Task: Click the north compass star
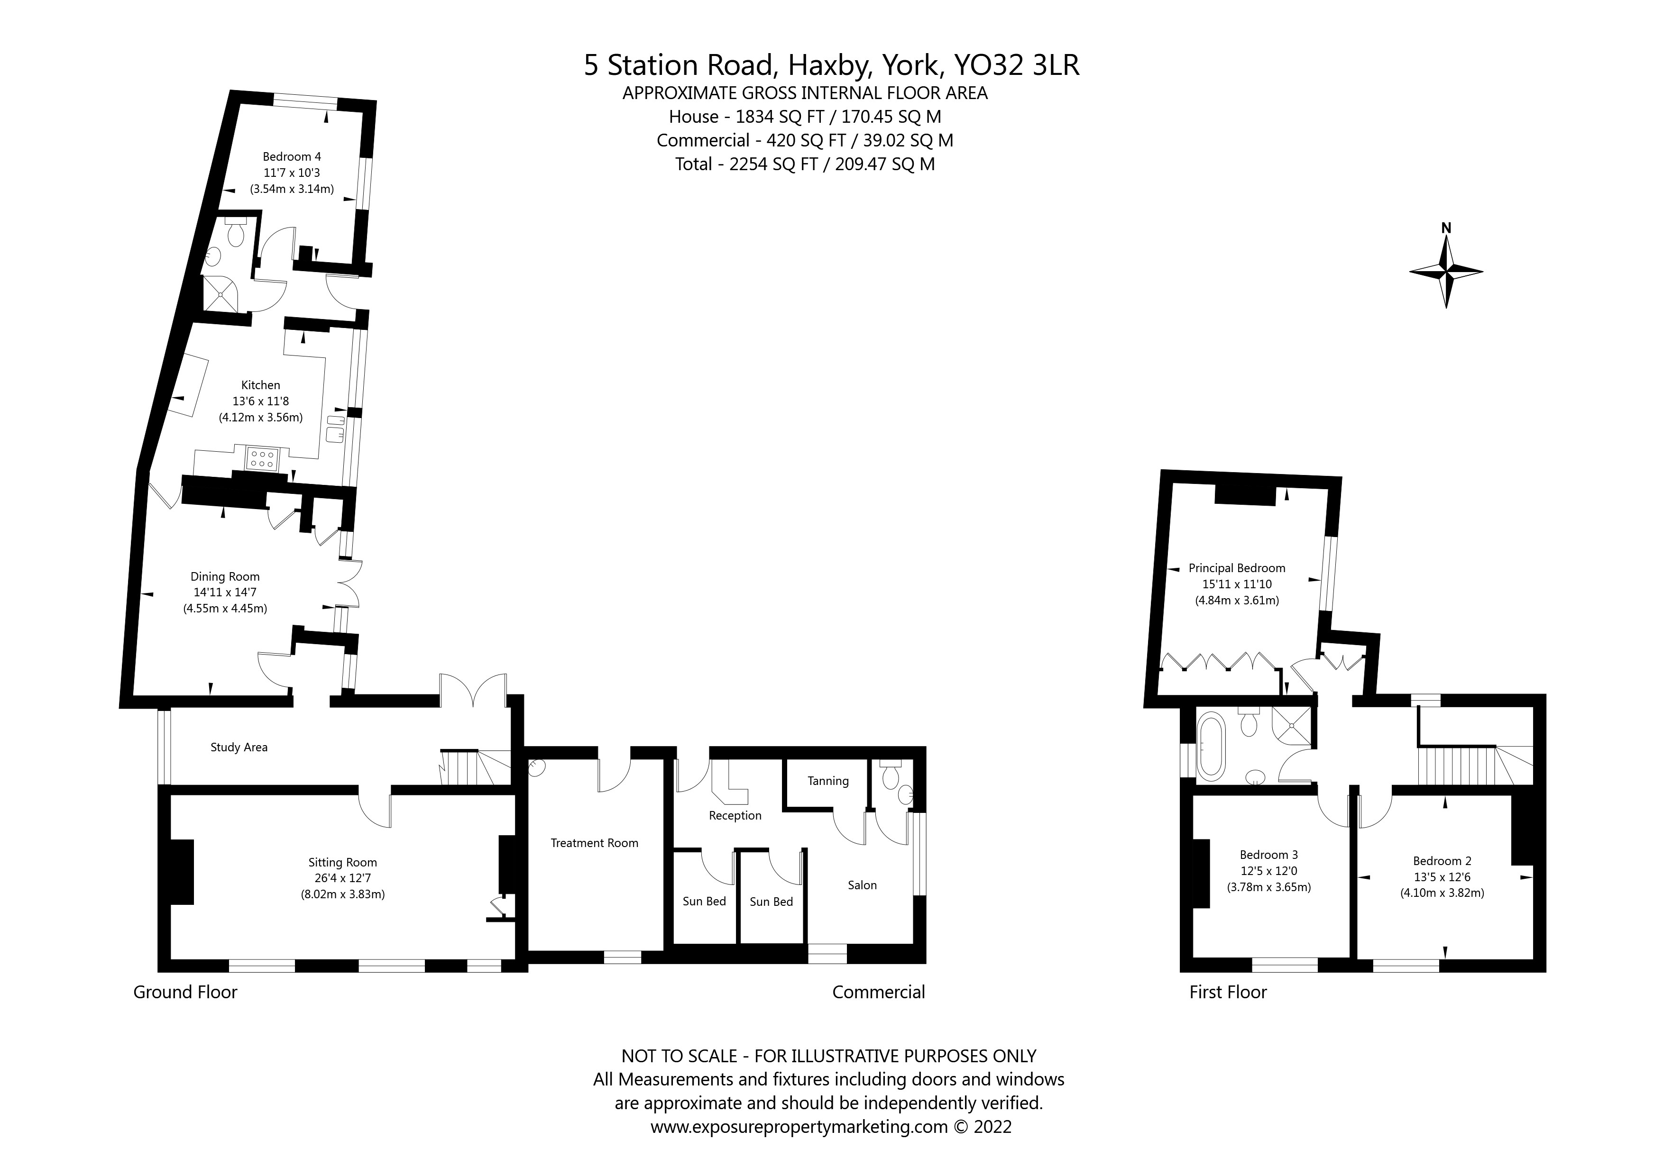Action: (1446, 272)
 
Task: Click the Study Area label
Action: (239, 748)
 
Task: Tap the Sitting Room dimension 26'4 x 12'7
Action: (342, 878)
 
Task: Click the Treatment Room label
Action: (594, 843)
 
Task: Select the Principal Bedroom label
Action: (1236, 568)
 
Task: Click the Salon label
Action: (862, 885)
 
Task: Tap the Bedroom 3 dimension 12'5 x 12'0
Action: (1268, 871)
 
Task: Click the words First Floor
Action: (1228, 992)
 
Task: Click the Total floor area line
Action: (805, 164)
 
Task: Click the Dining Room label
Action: (225, 576)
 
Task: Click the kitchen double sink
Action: (335, 428)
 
